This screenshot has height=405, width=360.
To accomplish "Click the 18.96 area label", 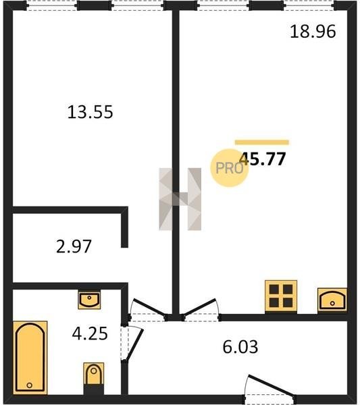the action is tap(313, 32).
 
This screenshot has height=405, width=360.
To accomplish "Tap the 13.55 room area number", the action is tap(90, 112).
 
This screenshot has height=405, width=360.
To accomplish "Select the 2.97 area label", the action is tap(74, 246).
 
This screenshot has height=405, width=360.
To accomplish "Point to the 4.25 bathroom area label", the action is tap(90, 333).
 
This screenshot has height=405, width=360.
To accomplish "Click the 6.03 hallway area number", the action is tap(240, 347).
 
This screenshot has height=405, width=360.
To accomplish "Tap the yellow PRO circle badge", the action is tap(229, 168).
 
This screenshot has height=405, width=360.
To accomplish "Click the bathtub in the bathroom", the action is tap(30, 358).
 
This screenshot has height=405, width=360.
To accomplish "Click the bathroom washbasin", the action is tap(89, 300).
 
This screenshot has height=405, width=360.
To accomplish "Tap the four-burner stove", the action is tap(281, 296).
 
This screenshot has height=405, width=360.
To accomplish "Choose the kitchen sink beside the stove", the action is tap(332, 300).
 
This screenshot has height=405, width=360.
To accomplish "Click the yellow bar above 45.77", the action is tap(262, 142).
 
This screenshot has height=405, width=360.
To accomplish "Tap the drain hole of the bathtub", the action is tap(30, 385).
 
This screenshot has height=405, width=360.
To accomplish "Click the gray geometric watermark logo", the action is tap(180, 199).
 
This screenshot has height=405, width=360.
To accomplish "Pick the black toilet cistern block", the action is tap(94, 389).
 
